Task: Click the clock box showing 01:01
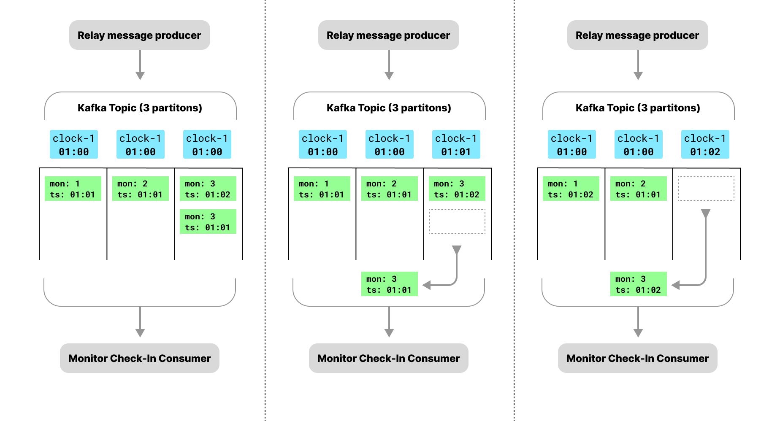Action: (x=456, y=144)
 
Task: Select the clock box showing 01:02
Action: (x=705, y=144)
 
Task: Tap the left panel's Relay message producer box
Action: (x=139, y=35)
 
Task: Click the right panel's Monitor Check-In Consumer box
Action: (x=637, y=358)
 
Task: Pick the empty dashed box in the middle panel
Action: (x=457, y=221)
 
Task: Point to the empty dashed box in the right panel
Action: (x=706, y=189)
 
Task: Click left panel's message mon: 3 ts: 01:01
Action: (x=208, y=221)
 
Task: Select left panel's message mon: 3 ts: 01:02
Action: (x=208, y=189)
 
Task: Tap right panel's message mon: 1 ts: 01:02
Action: (x=571, y=189)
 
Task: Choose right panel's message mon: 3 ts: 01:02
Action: (x=638, y=284)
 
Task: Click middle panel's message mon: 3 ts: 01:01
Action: (x=389, y=284)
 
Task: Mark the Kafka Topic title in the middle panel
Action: (x=389, y=108)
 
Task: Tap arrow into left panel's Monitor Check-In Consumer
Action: (x=140, y=322)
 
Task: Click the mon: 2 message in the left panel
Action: (x=140, y=189)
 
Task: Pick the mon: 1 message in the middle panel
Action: (x=322, y=189)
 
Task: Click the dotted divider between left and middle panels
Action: (x=265, y=211)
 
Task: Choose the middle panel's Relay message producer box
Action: (x=388, y=35)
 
